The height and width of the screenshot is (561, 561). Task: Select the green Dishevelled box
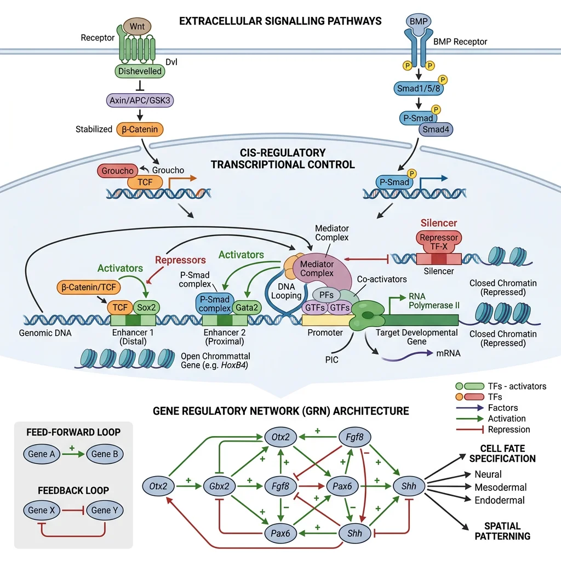tap(140, 71)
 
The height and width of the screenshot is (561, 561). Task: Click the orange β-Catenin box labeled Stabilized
tap(140, 130)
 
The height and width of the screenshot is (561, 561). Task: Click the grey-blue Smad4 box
tap(436, 129)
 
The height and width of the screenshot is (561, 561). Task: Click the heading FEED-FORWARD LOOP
tap(73, 432)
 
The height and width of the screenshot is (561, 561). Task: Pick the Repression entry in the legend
tap(509, 430)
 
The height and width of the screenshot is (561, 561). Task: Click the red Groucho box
tap(117, 171)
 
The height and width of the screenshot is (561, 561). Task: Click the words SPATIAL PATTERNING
tap(502, 530)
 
